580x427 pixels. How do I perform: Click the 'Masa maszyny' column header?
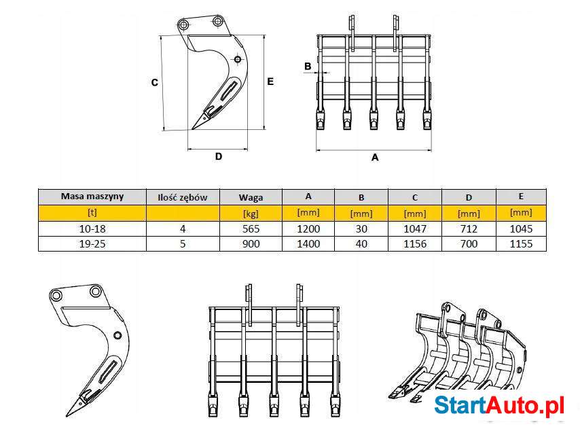coord(92,197)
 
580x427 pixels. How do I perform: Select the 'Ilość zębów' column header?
coord(183,197)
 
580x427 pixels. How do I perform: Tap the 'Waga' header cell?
coord(251,197)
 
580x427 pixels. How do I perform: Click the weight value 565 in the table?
coord(251,229)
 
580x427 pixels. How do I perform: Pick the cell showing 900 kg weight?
coord(251,243)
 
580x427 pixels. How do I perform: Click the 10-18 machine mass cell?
coord(92,229)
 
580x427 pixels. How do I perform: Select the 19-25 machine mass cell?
coord(92,243)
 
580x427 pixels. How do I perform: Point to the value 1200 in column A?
coord(308,229)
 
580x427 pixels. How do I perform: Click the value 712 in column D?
coord(469,229)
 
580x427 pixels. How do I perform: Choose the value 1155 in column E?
coord(521,243)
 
